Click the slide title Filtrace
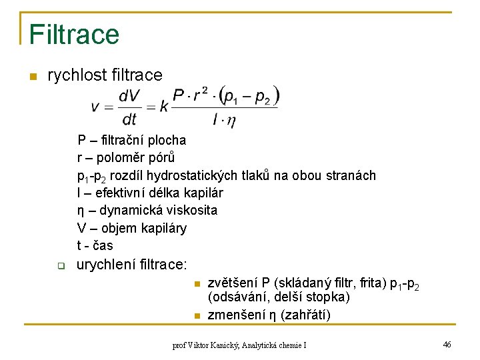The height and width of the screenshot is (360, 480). pyautogui.click(x=74, y=33)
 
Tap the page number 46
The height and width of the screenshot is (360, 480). pyautogui.click(x=447, y=344)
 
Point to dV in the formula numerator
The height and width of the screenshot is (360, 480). pyautogui.click(x=129, y=97)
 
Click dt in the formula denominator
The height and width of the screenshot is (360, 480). pyautogui.click(x=129, y=119)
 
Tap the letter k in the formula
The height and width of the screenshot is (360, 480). pyautogui.click(x=164, y=107)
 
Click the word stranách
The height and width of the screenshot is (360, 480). pyautogui.click(x=351, y=175)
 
